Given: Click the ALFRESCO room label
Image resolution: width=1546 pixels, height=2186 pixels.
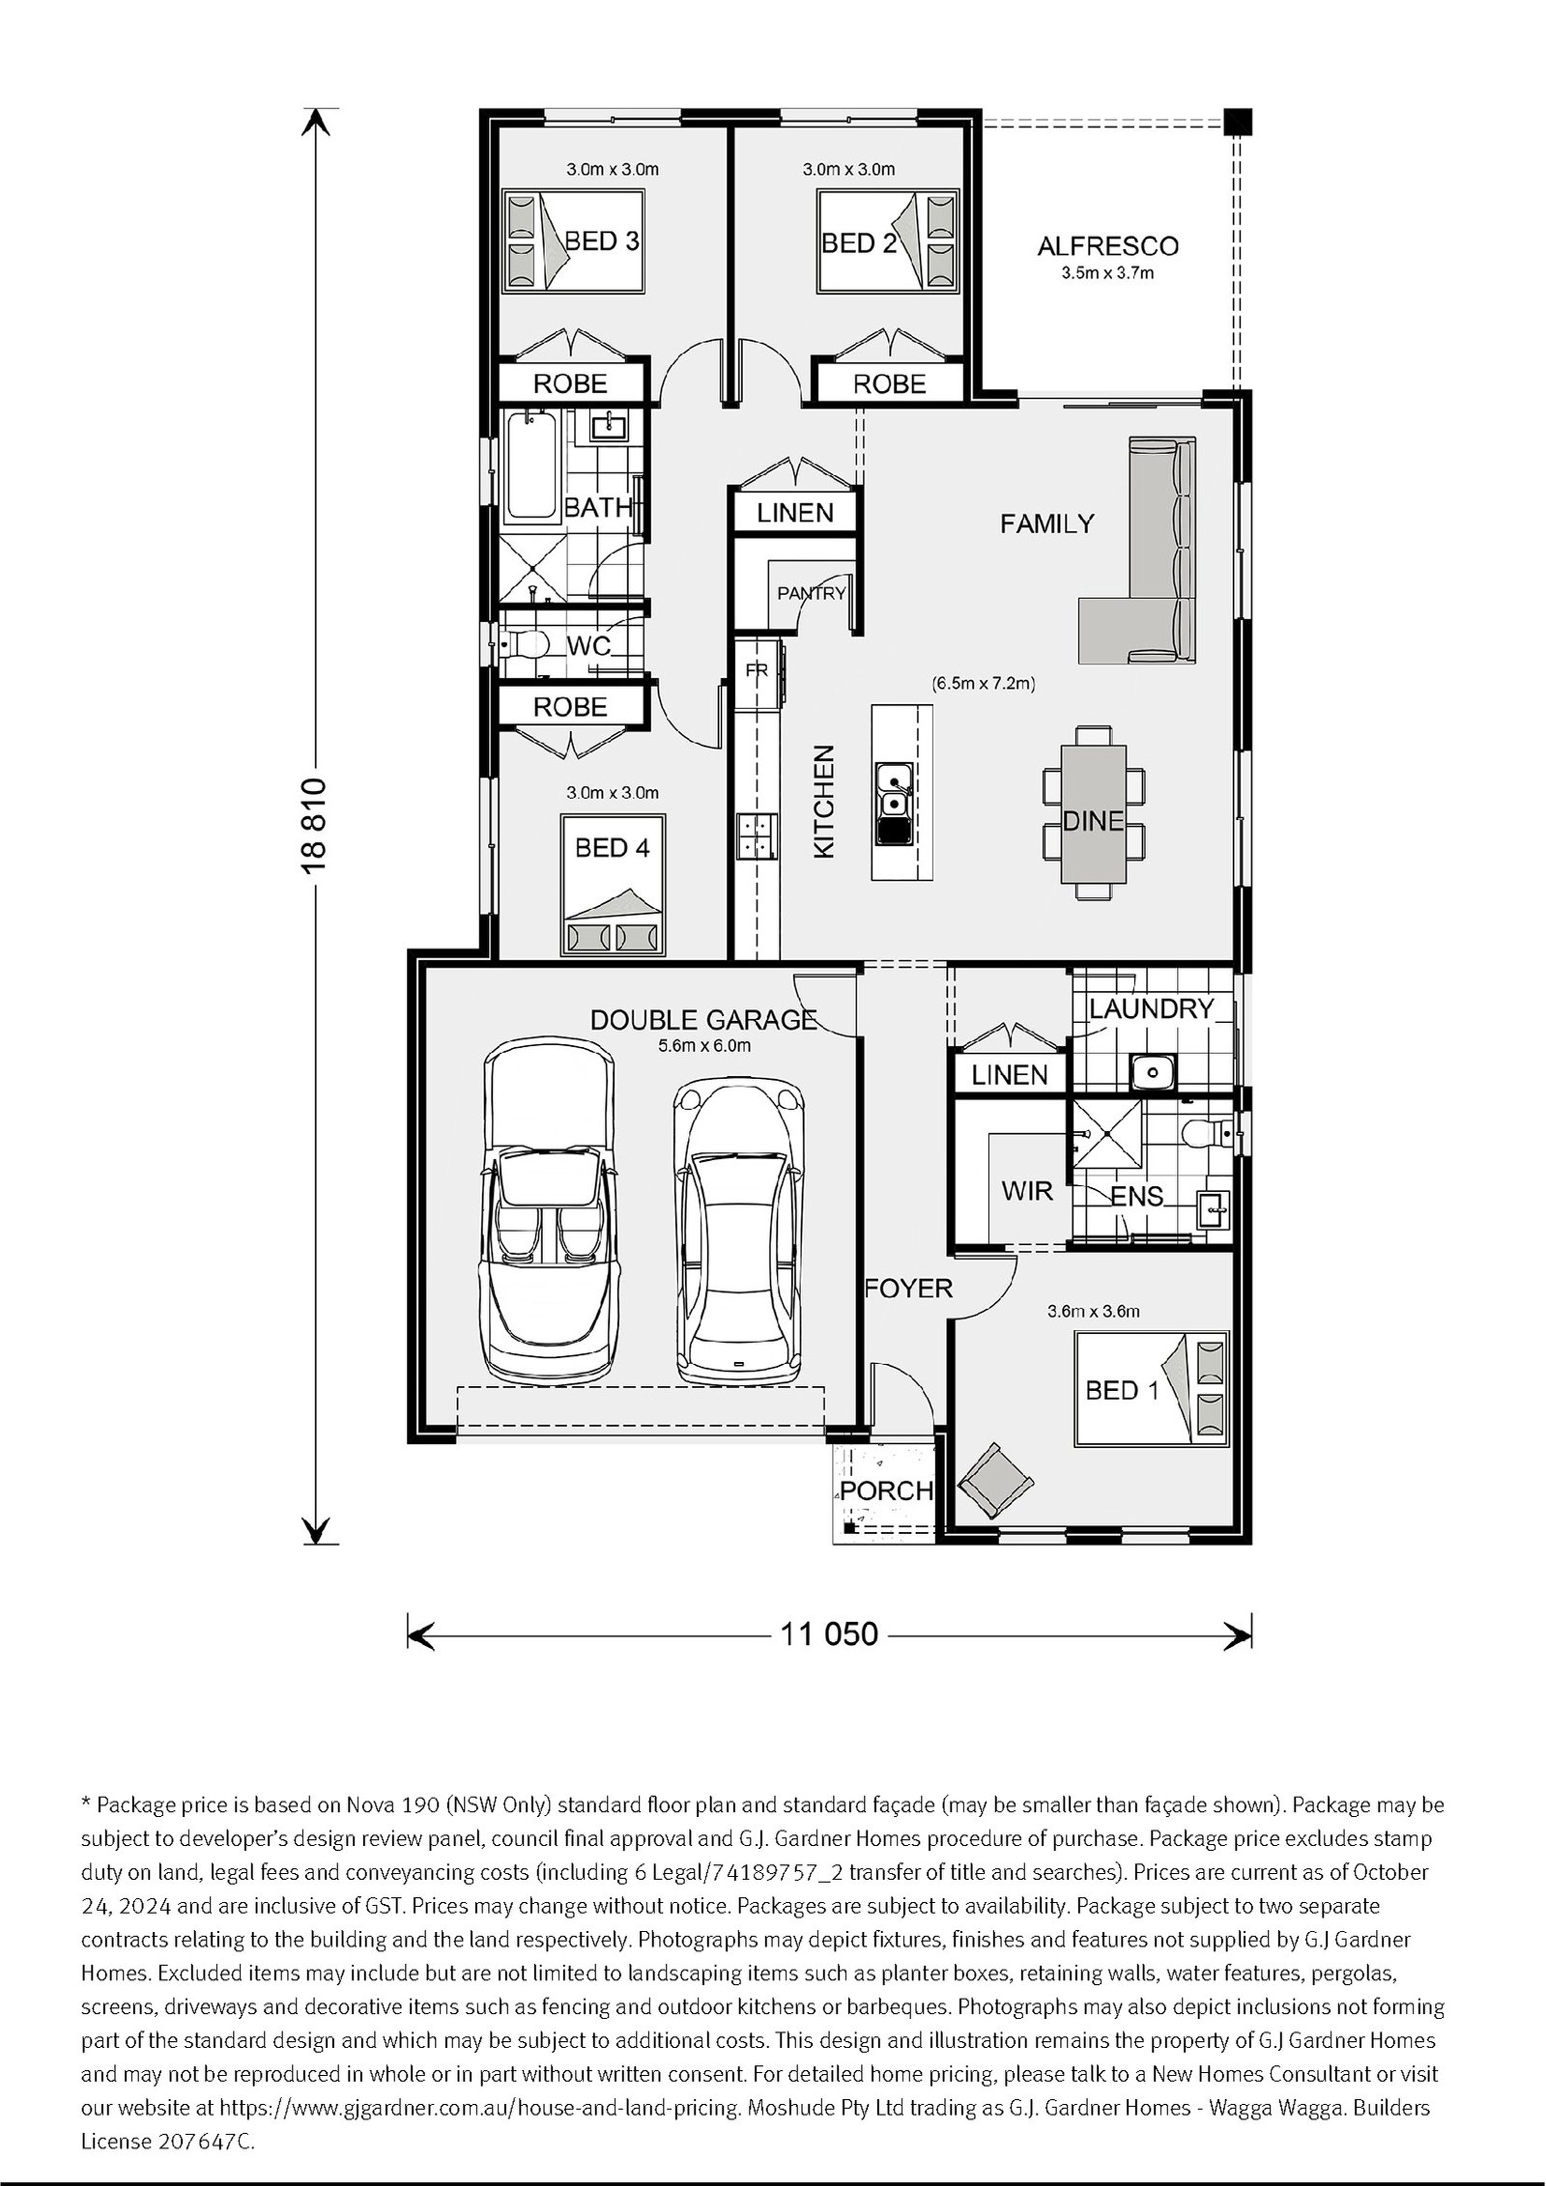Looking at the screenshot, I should point(1107,245).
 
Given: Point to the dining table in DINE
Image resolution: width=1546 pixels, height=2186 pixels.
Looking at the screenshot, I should point(1094,813).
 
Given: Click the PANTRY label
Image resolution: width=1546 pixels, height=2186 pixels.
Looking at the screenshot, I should point(812,593).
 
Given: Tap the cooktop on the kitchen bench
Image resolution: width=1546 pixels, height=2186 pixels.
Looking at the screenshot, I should point(757,836).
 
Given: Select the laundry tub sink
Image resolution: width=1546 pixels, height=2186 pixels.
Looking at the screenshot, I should point(1151,1070).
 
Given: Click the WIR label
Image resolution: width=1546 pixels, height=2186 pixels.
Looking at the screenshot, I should point(1027,1191).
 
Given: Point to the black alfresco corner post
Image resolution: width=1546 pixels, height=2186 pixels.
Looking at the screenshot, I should point(1237,122).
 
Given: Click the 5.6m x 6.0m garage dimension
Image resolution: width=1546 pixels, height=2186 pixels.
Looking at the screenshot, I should point(704,1045).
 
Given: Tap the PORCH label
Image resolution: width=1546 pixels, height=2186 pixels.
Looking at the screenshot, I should point(885,1490).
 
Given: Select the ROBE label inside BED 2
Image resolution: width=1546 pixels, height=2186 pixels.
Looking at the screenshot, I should point(890,383).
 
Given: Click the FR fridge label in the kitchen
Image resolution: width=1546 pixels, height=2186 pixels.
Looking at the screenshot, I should point(756,669).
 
